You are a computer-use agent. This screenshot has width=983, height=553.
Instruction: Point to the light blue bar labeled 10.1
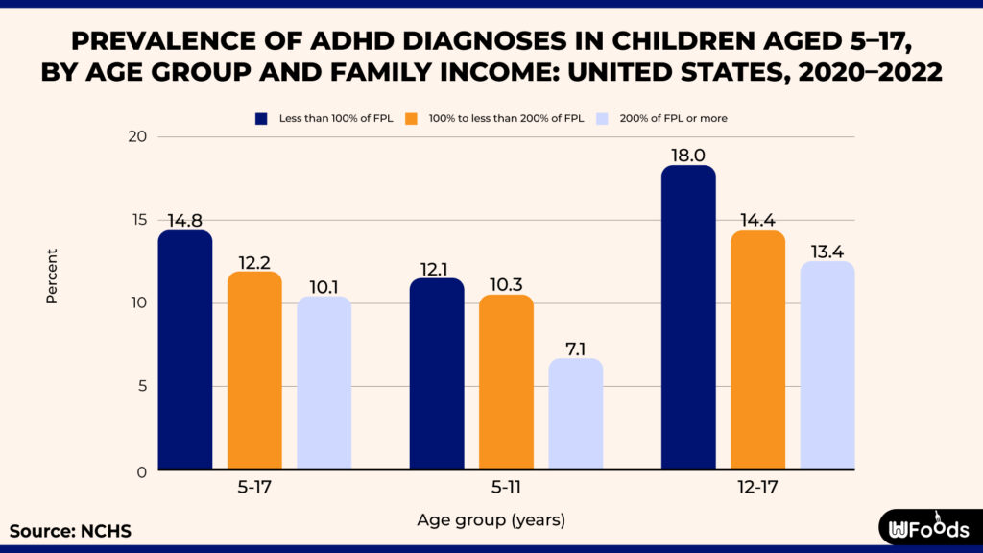[324, 383]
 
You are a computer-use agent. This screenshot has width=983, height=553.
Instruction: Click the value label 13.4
[827, 252]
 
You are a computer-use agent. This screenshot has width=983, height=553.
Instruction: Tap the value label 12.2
[254, 262]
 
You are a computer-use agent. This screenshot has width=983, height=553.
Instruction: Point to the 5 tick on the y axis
[140, 387]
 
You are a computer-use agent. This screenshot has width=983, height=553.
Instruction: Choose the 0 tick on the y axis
[140, 471]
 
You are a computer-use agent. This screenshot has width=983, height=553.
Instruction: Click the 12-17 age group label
[757, 488]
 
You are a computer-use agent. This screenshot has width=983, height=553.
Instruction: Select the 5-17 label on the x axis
[254, 488]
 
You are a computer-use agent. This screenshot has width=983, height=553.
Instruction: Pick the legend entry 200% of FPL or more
[672, 118]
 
